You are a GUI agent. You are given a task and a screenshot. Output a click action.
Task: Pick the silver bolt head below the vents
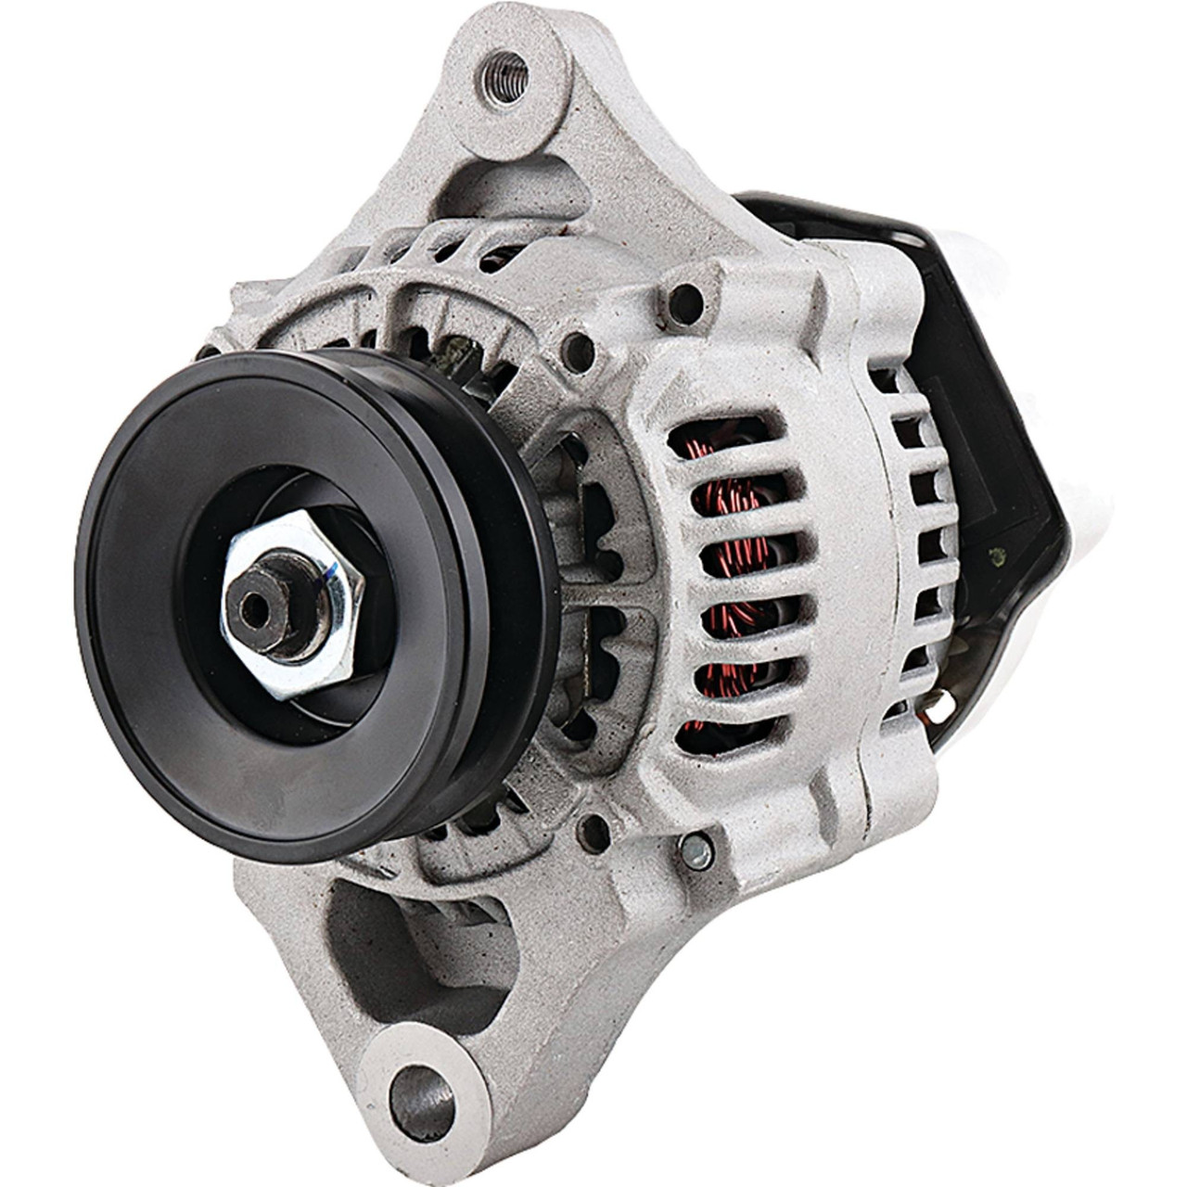698,849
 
